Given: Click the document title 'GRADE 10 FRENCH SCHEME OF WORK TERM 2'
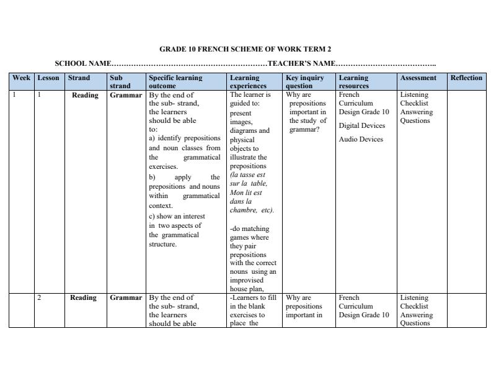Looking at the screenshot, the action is pos(245,49).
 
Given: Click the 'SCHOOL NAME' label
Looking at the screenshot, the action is pos(83,63).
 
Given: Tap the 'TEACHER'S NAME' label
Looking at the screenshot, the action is pos(301,63).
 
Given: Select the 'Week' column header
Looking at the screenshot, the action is pos(21,78).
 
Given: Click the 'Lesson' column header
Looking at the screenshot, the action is pos(48,78).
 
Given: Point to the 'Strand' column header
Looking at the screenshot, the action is pos(79,78).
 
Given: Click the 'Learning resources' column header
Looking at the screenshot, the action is pos(353,82).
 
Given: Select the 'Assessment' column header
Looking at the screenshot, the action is pos(418,78).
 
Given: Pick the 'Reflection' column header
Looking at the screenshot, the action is pos(466,78).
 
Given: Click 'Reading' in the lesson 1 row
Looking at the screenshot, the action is pos(85,96).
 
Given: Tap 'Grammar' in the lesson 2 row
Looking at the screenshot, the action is pos(126,298).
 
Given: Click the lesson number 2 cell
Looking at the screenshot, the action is pos(40,298).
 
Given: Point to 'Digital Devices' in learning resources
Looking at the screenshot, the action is pos(362,125).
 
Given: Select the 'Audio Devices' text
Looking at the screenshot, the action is pos(361,139).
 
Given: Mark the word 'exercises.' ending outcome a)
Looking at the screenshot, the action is pos(163,166).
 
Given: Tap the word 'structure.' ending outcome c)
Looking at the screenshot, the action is pos(162,244).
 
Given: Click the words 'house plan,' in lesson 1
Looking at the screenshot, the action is pos(247,288).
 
